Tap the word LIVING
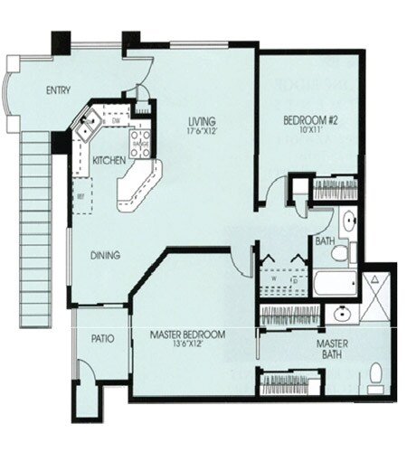(203, 122)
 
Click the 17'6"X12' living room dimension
(203, 132)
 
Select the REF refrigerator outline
(82, 195)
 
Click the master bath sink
(341, 315)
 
